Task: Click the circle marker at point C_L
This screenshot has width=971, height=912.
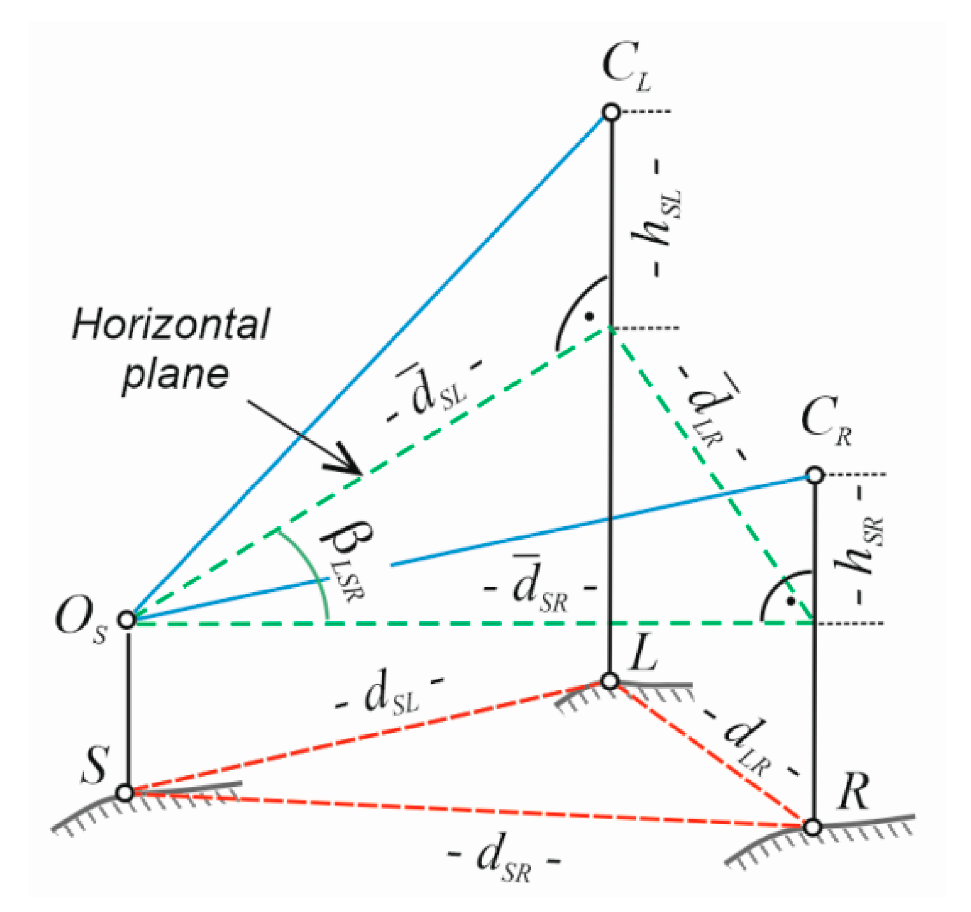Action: [612, 112]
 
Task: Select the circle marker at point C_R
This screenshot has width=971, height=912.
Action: [815, 475]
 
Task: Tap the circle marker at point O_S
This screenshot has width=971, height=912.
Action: [127, 619]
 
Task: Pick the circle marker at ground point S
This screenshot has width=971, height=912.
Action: [125, 793]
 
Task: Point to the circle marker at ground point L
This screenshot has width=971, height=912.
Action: [611, 681]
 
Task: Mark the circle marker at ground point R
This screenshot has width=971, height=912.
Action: [813, 826]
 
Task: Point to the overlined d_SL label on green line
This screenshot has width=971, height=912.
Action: [435, 391]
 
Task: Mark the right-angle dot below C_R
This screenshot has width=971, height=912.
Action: [790, 601]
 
